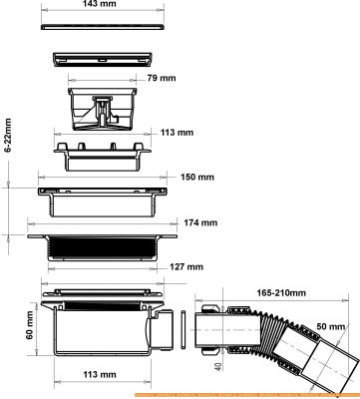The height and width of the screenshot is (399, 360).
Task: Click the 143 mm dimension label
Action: [x=100, y=4]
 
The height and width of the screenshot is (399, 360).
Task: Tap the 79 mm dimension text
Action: [x=162, y=78]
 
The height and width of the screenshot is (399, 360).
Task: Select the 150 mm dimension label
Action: [x=197, y=177]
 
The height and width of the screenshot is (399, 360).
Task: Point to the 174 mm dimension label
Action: [x=200, y=222]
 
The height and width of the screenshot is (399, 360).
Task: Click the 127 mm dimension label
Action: [x=186, y=267]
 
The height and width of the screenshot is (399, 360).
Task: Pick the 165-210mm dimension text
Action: [x=281, y=293]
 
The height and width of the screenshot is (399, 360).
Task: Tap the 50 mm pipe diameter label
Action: [x=330, y=326]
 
